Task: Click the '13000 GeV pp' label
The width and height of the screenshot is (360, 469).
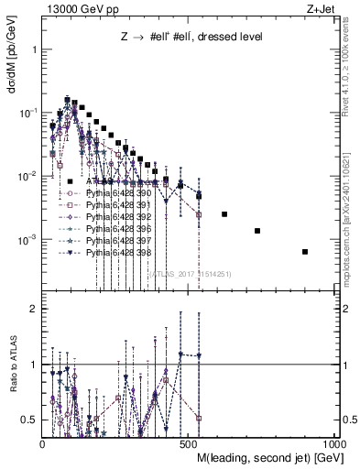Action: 80,9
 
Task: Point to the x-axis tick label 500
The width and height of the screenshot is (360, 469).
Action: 191,443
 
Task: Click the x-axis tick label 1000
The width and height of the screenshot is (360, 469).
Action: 336,443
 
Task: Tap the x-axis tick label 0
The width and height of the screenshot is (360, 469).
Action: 43,443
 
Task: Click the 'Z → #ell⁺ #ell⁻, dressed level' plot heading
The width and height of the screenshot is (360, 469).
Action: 192,38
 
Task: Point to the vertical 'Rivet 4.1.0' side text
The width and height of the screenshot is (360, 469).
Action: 350,64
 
